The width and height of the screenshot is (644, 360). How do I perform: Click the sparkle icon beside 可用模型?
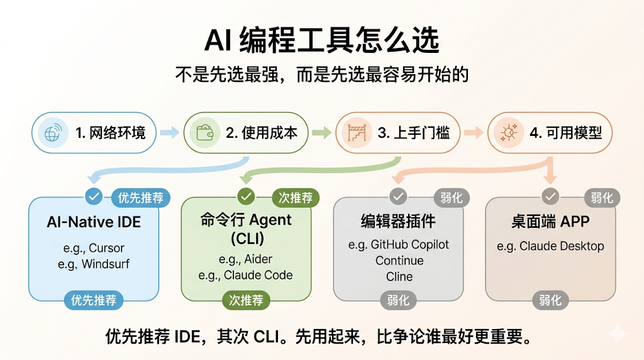pos(508,133)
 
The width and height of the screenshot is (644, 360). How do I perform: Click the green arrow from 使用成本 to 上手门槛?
pos(321,133)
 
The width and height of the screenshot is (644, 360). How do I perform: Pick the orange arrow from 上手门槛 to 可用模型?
pos(474,133)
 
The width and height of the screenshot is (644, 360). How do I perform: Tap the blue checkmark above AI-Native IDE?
pos(94,197)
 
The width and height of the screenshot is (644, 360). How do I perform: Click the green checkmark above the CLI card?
pos(247,197)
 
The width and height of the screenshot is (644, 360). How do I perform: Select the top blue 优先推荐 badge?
pos(140,198)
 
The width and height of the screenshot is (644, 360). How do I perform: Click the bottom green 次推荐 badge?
pos(246,300)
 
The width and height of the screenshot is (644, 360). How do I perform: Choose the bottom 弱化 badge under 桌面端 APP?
pos(550,300)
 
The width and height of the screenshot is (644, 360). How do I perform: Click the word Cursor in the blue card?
pos(106,248)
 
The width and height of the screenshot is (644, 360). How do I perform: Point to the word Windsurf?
pos(105,264)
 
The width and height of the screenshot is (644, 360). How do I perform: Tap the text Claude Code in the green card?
pos(258,275)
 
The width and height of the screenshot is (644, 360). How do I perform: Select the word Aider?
pos(259,259)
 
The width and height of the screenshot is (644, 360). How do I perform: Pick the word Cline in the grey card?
pos(399,276)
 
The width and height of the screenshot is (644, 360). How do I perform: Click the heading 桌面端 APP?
pos(550,222)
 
